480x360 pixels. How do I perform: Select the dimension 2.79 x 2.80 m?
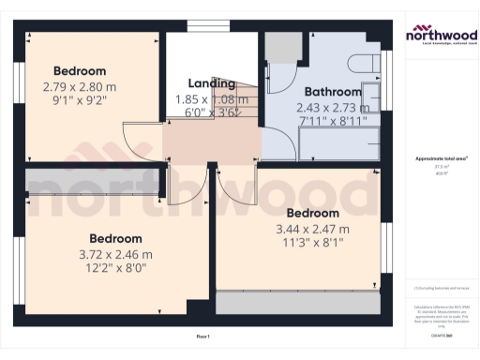point(80,87)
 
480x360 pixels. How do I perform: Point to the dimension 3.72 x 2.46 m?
point(115,254)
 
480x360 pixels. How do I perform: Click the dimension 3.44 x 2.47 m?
point(312,229)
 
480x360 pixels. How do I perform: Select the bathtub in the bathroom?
point(339,146)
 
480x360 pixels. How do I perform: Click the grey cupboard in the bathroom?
point(283,47)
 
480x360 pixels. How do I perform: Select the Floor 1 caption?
point(202,336)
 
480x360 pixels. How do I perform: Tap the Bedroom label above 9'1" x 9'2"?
point(80,71)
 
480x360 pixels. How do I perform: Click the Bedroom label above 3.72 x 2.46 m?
point(115,238)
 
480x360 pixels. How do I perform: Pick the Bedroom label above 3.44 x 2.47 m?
point(312,213)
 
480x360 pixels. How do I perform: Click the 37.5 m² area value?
point(441,167)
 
